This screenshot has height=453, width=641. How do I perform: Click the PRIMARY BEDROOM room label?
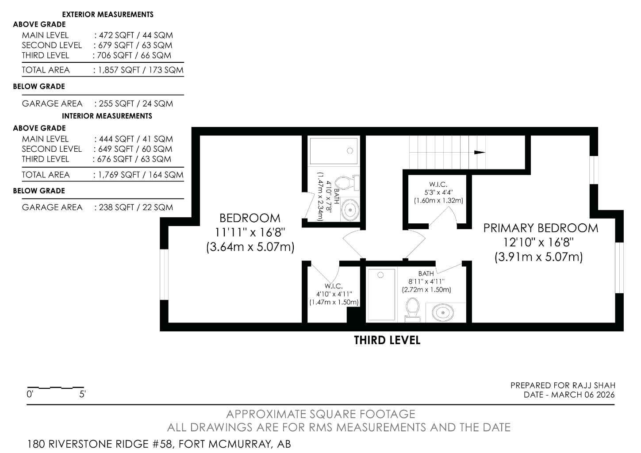click(x=540, y=228)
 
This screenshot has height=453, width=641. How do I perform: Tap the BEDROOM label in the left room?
click(x=250, y=218)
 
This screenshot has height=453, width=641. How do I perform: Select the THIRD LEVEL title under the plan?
click(x=387, y=340)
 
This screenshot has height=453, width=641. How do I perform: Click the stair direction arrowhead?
click(x=479, y=153)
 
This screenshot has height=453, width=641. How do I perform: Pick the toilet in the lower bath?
click(x=412, y=308)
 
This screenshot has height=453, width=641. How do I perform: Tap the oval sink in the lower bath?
click(x=443, y=313)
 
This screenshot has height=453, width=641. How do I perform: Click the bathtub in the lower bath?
click(x=381, y=294)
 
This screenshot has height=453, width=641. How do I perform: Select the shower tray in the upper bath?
click(x=334, y=151)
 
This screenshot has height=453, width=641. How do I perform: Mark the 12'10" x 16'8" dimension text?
click(x=538, y=242)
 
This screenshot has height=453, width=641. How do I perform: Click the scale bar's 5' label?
click(x=82, y=394)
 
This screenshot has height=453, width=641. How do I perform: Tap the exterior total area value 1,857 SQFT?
click(x=119, y=70)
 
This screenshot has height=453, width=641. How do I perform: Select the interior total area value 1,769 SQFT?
click(x=119, y=175)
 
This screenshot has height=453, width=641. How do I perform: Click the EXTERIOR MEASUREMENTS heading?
click(x=107, y=15)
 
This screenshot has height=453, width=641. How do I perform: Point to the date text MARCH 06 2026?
click(x=583, y=395)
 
